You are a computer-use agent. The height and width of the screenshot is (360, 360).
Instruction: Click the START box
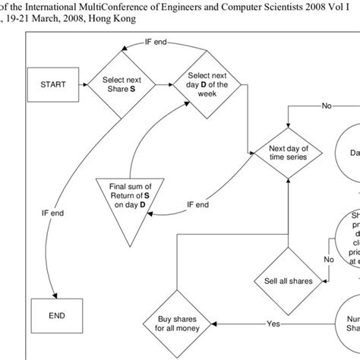coord(51,86)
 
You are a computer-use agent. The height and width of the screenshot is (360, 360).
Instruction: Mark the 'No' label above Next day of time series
coord(327,106)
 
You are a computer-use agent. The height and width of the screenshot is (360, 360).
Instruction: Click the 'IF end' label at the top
coord(156,42)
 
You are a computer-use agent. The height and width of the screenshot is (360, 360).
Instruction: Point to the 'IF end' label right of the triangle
coord(199,204)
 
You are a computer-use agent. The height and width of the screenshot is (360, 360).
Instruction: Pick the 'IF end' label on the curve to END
coord(31,214)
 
